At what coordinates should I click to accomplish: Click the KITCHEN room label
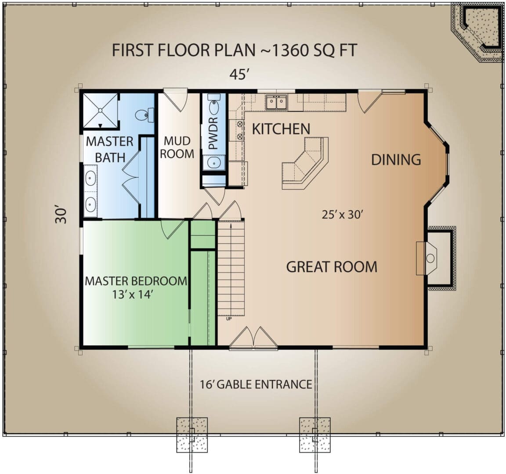click(281, 129)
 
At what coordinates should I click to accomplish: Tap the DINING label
click(396, 160)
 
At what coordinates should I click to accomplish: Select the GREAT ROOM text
click(332, 267)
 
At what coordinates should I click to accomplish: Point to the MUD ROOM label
click(177, 147)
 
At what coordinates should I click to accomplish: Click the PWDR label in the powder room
click(213, 133)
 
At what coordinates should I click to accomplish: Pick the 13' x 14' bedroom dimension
click(132, 294)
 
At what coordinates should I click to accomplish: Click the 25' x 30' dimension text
click(343, 215)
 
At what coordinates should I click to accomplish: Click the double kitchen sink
click(277, 103)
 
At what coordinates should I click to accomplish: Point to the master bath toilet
click(144, 115)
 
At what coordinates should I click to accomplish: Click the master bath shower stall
click(100, 111)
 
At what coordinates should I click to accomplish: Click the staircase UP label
click(229, 319)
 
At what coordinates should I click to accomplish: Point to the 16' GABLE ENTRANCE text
click(256, 384)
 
